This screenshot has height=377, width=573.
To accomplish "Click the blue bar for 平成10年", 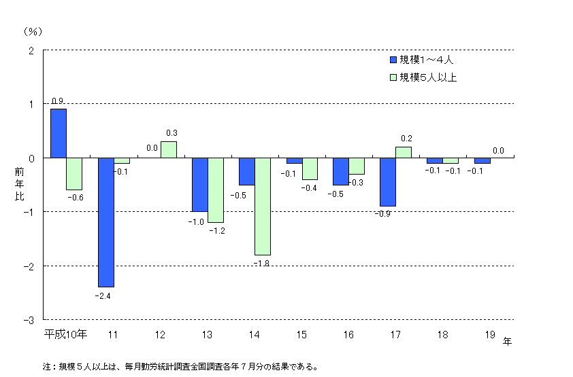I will pos(59,133).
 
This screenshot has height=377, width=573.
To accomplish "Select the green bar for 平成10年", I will pos(74,173).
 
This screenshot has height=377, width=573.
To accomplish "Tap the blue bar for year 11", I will pos(105,222).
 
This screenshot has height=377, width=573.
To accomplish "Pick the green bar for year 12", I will pos(168,149).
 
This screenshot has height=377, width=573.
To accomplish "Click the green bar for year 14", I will pos(262,206).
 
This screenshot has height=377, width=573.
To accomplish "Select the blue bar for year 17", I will pos(387,181).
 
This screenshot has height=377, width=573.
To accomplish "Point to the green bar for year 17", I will pos(403,152).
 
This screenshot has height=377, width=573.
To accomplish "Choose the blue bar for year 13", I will pos(199,184).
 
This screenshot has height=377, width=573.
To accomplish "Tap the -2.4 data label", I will pos(105,296).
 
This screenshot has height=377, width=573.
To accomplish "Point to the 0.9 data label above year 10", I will pos(58,101).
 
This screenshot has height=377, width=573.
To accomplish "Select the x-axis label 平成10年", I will pos(66,334).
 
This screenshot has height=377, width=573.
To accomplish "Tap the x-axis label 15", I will pos(301,334).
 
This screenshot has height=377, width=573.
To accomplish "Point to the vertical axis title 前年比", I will pos(19,184).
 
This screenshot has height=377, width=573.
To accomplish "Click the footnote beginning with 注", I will pos(180,366).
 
